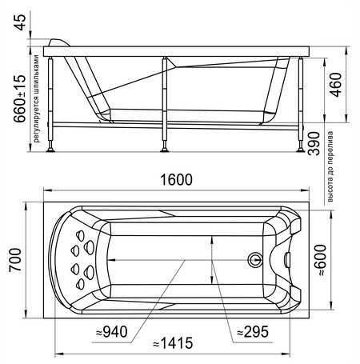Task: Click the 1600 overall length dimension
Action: [176, 179]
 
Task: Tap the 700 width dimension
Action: [15, 260]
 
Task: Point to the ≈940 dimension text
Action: [112, 332]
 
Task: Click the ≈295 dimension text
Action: [253, 332]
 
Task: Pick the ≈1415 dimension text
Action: [173, 343]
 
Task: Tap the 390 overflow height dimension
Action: [314, 143]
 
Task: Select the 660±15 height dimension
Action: [20, 98]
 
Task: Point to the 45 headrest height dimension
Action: [20, 22]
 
